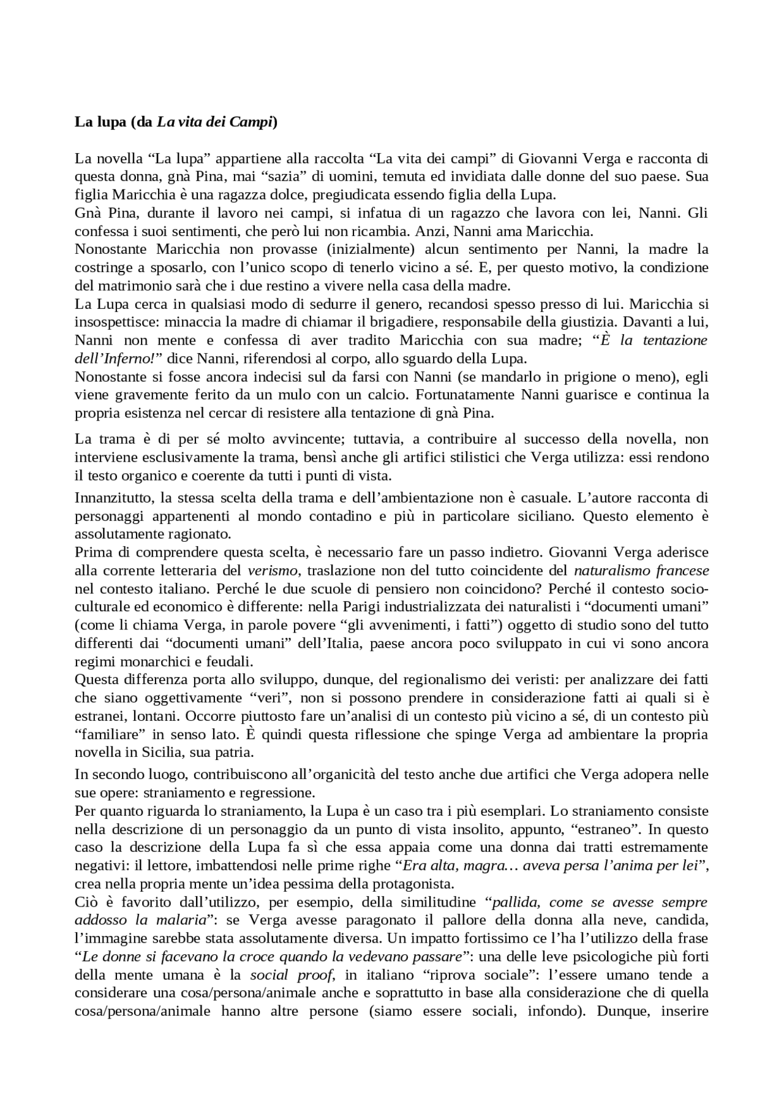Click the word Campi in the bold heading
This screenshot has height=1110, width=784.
251,122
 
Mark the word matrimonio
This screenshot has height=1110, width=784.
118,286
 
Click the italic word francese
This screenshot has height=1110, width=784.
683,571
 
